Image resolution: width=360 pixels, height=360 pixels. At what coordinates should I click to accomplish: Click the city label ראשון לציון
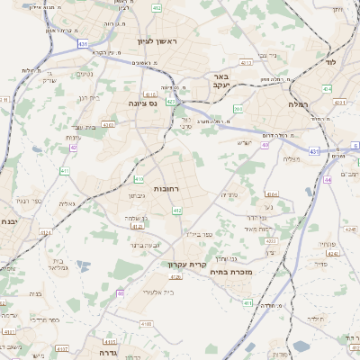pos(157,42)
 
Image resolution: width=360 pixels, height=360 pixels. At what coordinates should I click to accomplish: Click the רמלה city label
pos(298,104)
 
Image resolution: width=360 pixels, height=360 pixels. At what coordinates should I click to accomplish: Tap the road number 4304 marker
pos(271,193)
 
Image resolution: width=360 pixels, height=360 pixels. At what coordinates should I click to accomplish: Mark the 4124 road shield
pos(137,227)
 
